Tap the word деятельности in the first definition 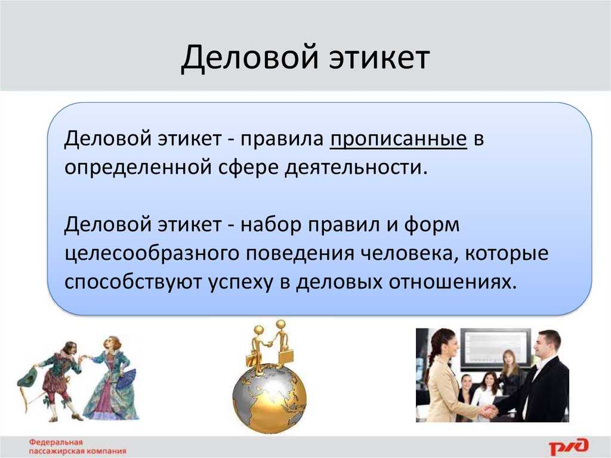pos(357,168)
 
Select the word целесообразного pos(151,254)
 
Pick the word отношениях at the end pos(452,282)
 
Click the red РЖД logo pos(569,446)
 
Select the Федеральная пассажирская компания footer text pos(77,446)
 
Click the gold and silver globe pos(269,397)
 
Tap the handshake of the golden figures pos(268,344)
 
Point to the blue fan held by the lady pos(126,379)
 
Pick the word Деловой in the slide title pos(250,59)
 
